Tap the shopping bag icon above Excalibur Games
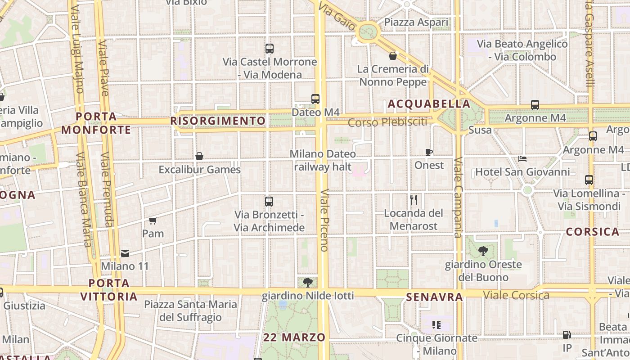click(199, 156)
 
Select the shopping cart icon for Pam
click(153, 220)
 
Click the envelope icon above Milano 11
click(125, 253)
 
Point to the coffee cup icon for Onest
click(429, 152)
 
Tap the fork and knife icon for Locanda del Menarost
click(414, 199)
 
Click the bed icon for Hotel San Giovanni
click(522, 158)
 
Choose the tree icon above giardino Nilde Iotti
click(308, 283)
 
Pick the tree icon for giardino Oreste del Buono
click(483, 251)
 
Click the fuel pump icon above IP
click(567, 335)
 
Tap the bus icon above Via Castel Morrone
click(270, 49)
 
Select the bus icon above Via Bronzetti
click(269, 202)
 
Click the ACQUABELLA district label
click(429, 104)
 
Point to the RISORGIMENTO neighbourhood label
click(218, 121)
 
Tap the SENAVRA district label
click(434, 297)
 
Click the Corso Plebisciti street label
click(387, 122)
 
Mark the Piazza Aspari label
click(416, 22)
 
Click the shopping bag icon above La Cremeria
click(393, 56)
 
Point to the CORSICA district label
click(593, 232)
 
